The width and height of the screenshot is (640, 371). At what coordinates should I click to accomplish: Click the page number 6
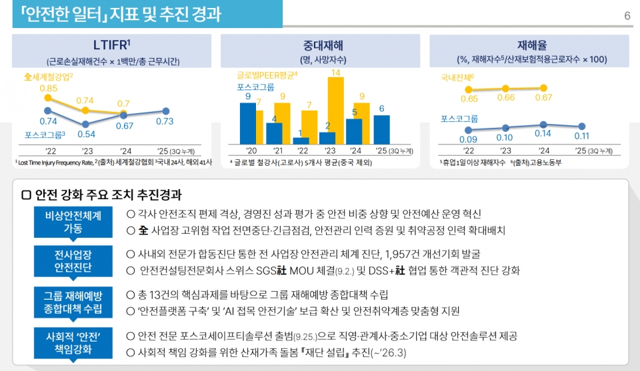627,15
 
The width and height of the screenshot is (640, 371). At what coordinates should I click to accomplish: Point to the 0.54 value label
86,134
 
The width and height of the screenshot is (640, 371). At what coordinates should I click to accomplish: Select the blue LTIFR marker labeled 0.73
165,111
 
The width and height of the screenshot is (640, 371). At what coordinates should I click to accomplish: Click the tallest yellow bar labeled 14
336,111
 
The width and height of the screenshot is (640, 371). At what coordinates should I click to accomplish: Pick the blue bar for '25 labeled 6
381,129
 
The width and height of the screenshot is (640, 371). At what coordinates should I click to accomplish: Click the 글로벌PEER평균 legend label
267,76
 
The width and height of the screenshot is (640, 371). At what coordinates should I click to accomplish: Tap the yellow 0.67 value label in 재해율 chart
544,98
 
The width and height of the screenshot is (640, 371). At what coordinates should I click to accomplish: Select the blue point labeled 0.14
544,125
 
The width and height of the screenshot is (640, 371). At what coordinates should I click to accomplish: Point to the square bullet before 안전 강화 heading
27,195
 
